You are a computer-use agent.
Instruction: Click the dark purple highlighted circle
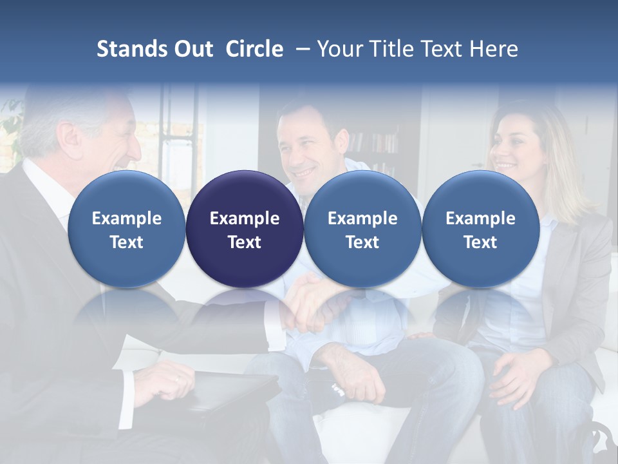click(245, 229)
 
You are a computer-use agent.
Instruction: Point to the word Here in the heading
click(494, 49)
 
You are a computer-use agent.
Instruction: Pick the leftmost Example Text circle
click(126, 229)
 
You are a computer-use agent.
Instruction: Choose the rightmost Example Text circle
click(480, 229)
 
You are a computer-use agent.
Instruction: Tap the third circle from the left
click(362, 229)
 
